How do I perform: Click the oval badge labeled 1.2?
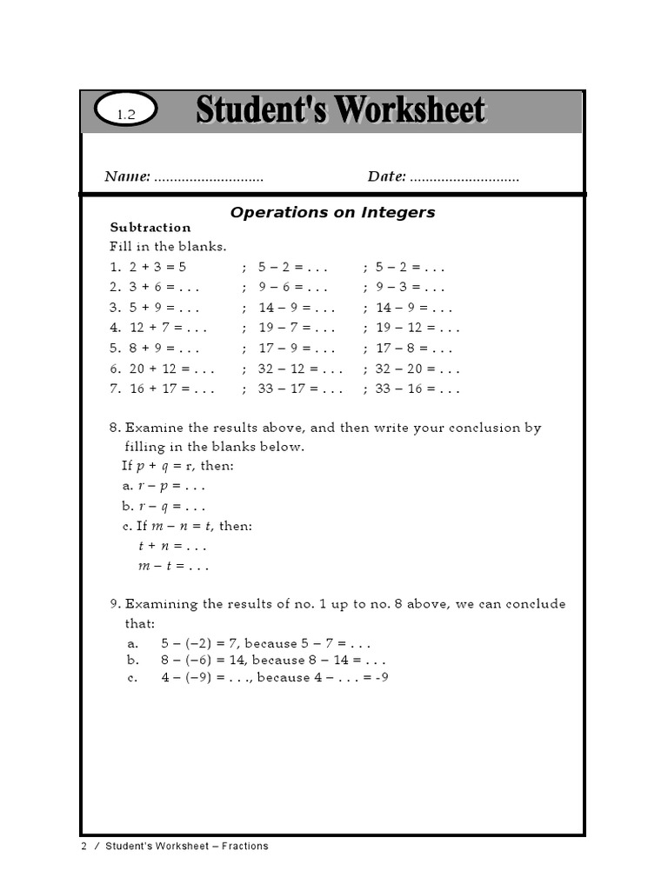pyautogui.click(x=127, y=113)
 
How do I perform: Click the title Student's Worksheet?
pyautogui.click(x=340, y=110)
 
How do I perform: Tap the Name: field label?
pyautogui.click(x=128, y=176)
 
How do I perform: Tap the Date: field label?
pyautogui.click(x=386, y=176)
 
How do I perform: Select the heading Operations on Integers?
pyautogui.click(x=332, y=212)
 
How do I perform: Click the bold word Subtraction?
pyautogui.click(x=150, y=228)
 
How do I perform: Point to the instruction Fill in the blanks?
pyautogui.click(x=168, y=247)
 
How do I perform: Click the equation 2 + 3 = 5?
pyautogui.click(x=157, y=267)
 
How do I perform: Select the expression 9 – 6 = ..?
pyautogui.click(x=284, y=287)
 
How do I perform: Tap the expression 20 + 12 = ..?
pyautogui.click(x=161, y=369)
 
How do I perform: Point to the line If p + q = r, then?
pyautogui.click(x=177, y=466)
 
